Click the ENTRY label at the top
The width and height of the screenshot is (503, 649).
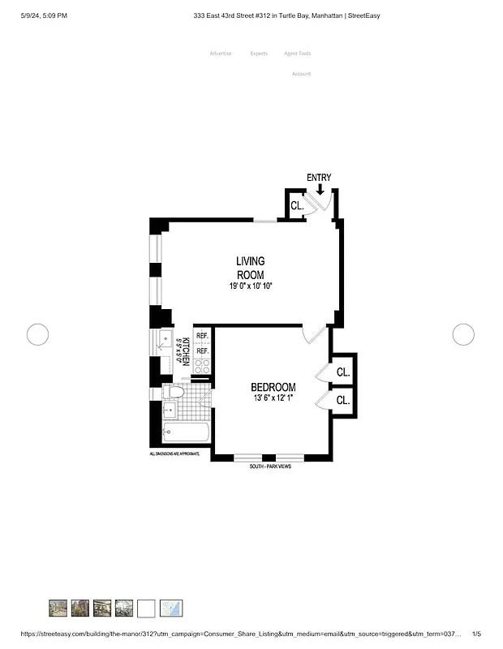(319, 178)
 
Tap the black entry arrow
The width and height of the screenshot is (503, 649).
(320, 190)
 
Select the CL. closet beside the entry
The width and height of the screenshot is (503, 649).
(297, 206)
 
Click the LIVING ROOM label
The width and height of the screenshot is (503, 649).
(251, 268)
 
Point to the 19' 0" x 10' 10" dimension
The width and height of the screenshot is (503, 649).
(251, 286)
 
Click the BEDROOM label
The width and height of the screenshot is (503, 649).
(273, 388)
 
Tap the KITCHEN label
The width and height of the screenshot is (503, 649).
(187, 352)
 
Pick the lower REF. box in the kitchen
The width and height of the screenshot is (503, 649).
(202, 351)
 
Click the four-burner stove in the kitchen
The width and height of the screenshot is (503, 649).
(202, 367)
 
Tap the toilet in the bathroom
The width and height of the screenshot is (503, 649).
(173, 393)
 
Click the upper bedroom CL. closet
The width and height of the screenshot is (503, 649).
(343, 372)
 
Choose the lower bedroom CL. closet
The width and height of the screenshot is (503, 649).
(343, 400)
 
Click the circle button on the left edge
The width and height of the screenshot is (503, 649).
(38, 333)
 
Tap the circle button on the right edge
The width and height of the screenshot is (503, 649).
(463, 333)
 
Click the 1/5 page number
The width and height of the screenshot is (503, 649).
(477, 634)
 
